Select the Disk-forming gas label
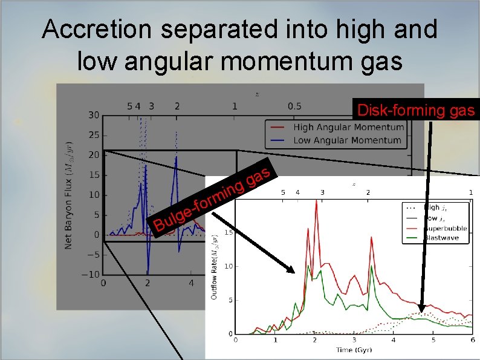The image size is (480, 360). pos(418,110)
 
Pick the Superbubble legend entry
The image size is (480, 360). pos(446,228)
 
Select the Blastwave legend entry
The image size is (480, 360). pos(443,238)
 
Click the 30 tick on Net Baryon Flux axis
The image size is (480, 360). pos(94,115)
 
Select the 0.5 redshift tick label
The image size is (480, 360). pos(294,106)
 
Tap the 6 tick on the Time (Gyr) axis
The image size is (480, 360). pos(472,341)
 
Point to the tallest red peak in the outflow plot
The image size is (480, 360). pos(316,201)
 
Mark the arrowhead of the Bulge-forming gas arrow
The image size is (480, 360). pos(294,272)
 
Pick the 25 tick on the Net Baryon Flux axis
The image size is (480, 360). pos(94,135)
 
